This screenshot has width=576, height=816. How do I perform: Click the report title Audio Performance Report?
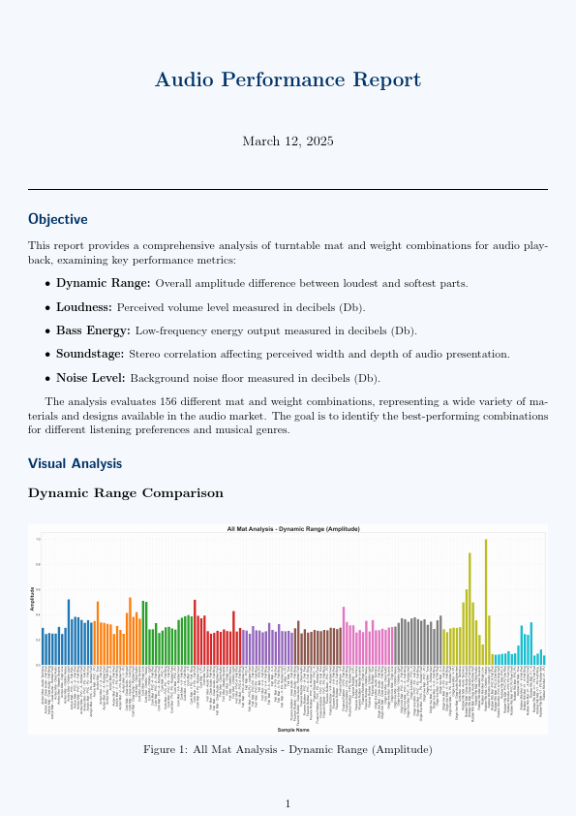[x=288, y=79]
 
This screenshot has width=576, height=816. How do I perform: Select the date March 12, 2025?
[x=288, y=141]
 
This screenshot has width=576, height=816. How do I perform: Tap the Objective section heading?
[x=58, y=220]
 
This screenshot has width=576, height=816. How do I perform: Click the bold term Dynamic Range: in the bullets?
[x=103, y=283]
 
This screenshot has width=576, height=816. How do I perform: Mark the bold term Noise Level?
[x=92, y=378]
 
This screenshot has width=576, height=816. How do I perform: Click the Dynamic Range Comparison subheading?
[x=126, y=493]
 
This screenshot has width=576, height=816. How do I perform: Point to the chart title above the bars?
[x=292, y=529]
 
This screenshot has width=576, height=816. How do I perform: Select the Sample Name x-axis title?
[x=292, y=729]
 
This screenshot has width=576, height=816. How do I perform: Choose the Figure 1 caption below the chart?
[x=288, y=749]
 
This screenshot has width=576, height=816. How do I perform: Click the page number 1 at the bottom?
[x=288, y=803]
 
